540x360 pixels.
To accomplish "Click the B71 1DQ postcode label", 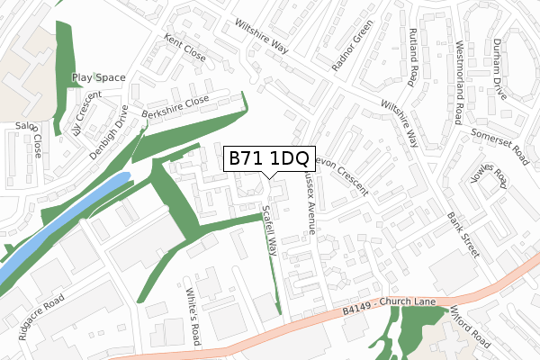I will point(267,158).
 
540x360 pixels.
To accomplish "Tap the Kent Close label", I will point(184,49).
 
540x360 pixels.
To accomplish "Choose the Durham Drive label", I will point(499,68).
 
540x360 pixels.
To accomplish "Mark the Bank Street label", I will point(463,233).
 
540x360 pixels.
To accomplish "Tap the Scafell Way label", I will point(268,231).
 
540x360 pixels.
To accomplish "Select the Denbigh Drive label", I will point(109,131).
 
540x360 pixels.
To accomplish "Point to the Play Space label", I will point(98,78).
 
